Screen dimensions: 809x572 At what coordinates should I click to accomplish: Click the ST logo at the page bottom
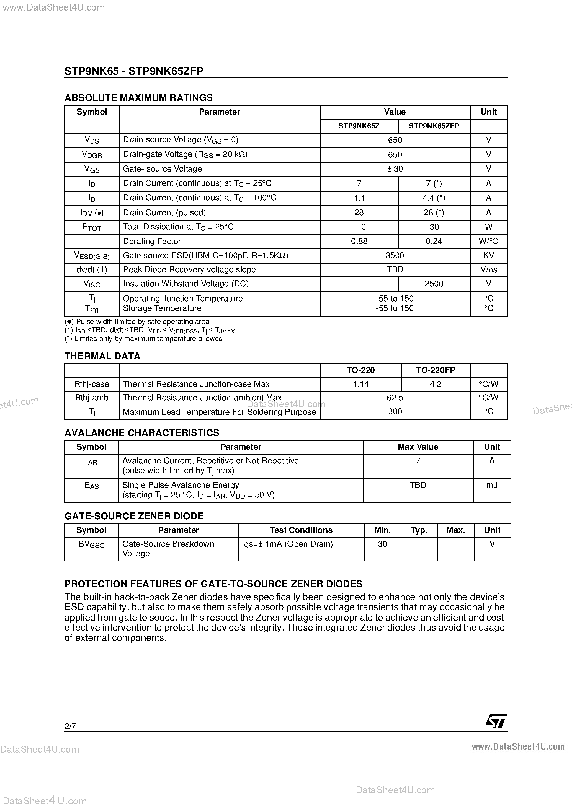(496, 721)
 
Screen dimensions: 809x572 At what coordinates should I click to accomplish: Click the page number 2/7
(70, 726)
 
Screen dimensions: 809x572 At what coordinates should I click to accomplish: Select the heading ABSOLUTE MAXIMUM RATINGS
(139, 98)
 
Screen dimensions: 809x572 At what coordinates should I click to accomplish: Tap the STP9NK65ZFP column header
(434, 126)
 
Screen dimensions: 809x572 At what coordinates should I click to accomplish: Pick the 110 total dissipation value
(359, 227)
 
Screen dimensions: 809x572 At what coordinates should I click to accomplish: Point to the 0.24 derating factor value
(434, 241)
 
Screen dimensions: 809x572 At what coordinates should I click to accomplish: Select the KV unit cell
(488, 255)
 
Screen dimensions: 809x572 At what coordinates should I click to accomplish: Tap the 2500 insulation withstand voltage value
(434, 284)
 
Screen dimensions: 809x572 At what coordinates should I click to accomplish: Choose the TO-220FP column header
(435, 370)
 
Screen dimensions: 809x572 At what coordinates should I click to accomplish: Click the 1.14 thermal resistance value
(360, 384)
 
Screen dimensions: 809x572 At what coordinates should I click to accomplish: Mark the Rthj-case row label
(92, 384)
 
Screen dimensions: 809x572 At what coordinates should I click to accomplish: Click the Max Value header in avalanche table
(418, 447)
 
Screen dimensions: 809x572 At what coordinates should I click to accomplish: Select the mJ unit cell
(492, 485)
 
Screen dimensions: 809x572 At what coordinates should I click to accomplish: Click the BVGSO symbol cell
(91, 544)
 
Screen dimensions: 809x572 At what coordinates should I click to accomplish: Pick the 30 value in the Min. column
(382, 544)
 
